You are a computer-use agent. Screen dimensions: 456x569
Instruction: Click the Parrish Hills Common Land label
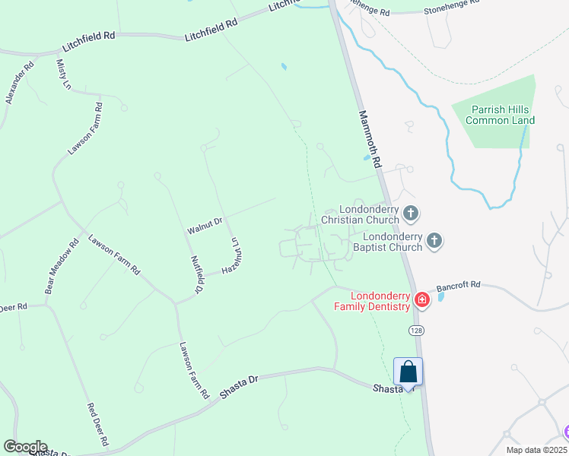(500, 115)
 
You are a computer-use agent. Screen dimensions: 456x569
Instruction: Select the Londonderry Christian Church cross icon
(411, 214)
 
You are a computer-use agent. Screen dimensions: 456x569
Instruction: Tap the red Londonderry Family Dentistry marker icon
(421, 301)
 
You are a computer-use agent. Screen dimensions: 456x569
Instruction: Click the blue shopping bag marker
(408, 372)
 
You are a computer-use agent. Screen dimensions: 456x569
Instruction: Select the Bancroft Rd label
(459, 286)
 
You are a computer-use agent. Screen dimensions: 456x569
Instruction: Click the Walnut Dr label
(205, 223)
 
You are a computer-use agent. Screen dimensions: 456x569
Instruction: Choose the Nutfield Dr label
(197, 274)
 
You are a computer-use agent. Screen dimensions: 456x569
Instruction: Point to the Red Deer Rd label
(98, 424)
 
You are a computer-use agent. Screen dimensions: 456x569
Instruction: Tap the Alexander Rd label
(20, 84)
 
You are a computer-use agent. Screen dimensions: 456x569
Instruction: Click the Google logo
(25, 447)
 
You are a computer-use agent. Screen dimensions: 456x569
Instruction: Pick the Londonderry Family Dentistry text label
(371, 301)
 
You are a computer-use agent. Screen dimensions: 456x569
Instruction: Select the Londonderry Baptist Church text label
(387, 242)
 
